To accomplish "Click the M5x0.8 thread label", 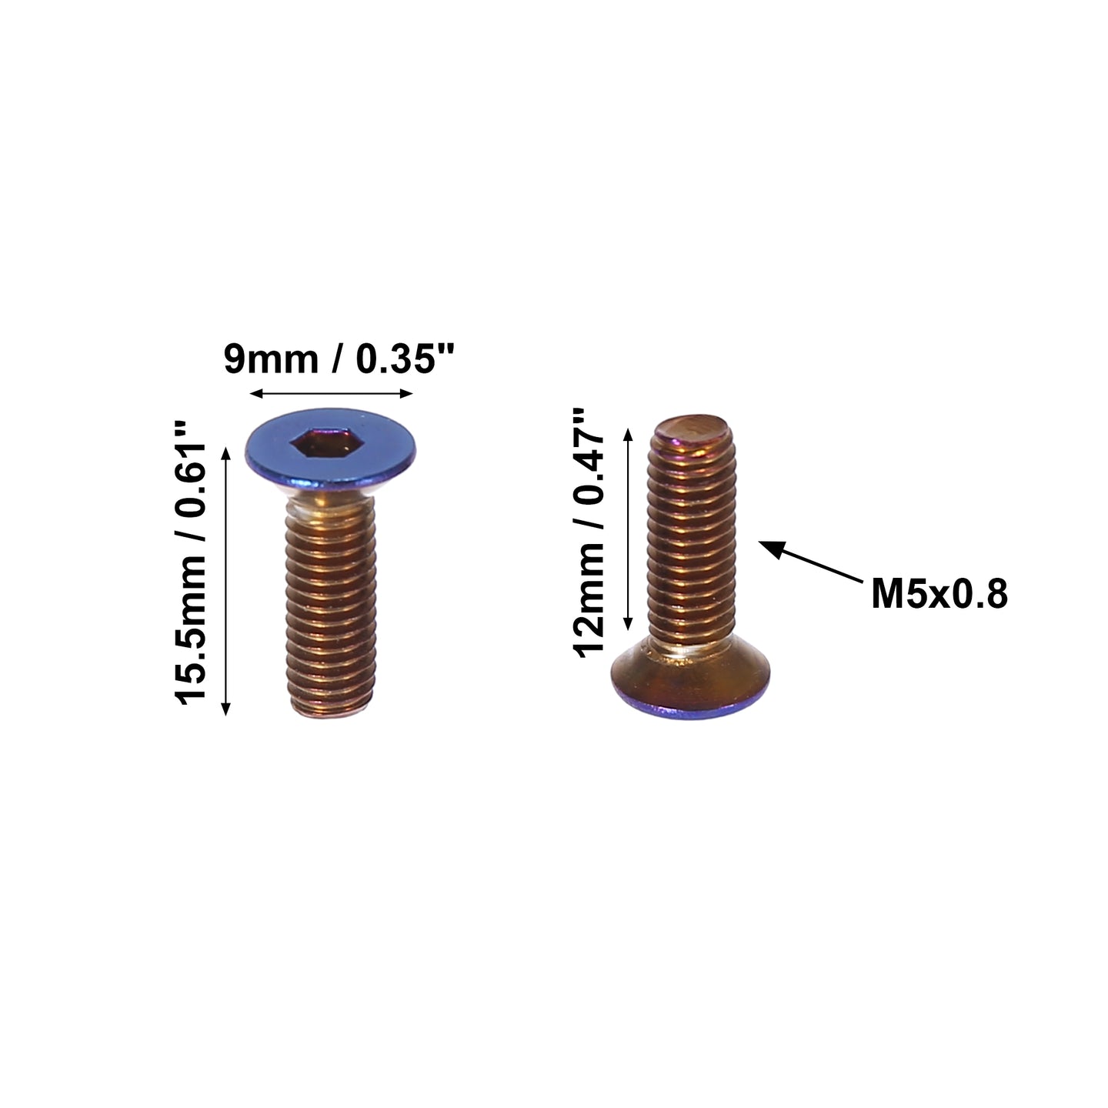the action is point(939,594).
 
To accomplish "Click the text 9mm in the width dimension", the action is point(271,359).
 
